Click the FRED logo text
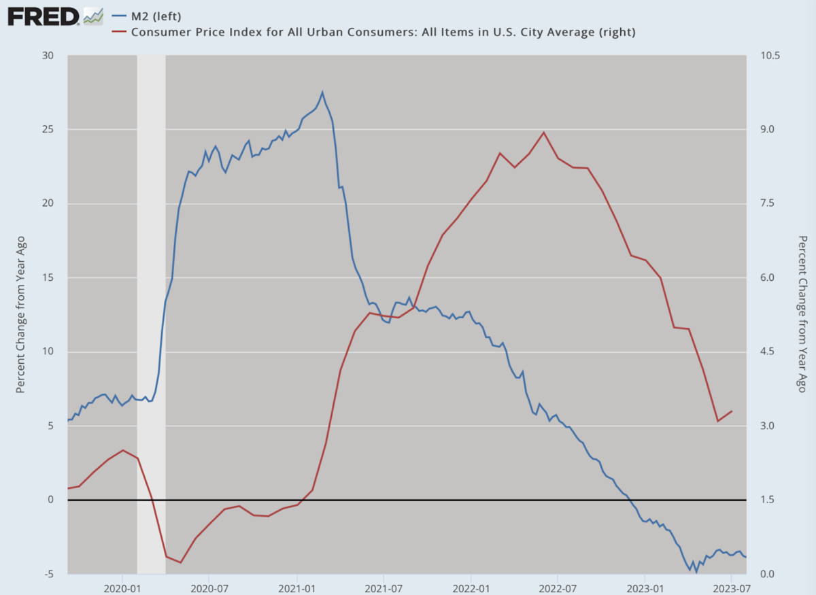[43, 17]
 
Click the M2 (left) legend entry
[146, 16]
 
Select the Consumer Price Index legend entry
[374, 32]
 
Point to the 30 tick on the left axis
[48, 55]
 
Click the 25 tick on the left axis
[48, 129]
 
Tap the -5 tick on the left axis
[49, 574]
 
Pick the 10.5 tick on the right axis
[770, 55]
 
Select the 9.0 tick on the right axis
[767, 129]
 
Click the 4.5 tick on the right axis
[767, 352]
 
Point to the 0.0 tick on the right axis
[767, 574]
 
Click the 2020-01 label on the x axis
[122, 588]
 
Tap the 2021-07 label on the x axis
[384, 588]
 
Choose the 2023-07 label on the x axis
[732, 588]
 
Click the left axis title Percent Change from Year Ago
[20, 315]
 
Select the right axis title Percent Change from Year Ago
[802, 314]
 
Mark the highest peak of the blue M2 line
[322, 92]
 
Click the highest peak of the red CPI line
[543, 133]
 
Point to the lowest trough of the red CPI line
[180, 562]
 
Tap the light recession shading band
[151, 314]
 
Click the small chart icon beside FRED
[93, 16]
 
